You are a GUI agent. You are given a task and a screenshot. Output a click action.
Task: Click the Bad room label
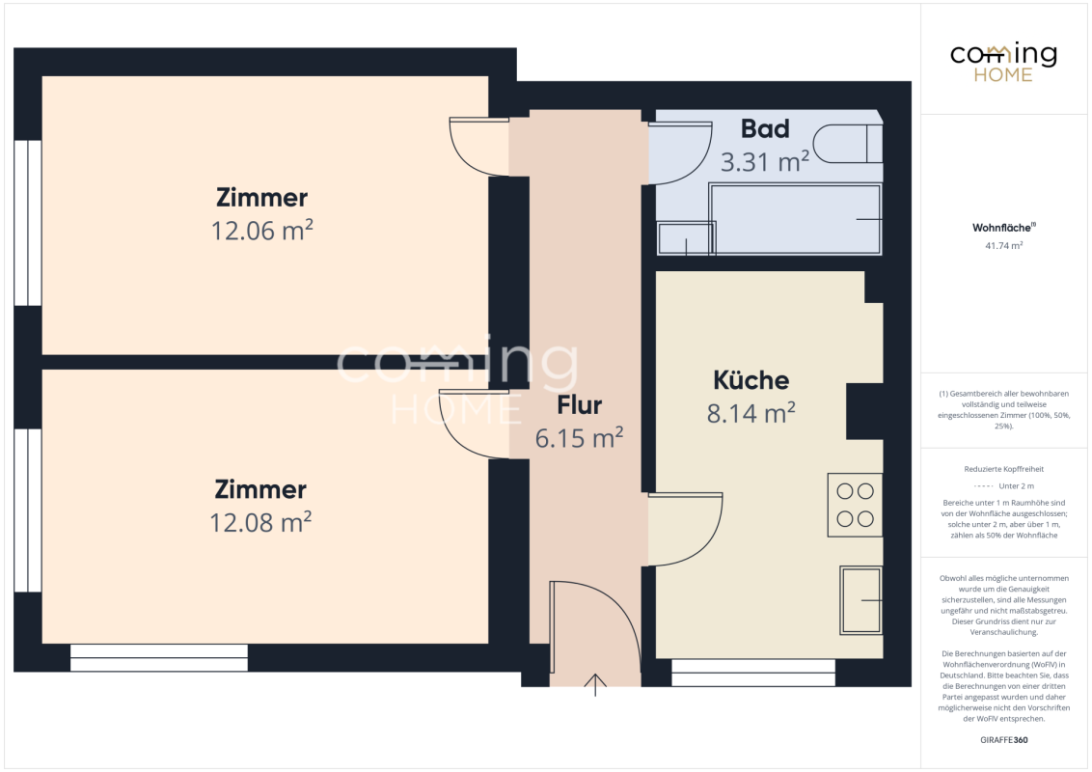(765, 129)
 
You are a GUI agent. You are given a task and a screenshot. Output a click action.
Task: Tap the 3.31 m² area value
(765, 162)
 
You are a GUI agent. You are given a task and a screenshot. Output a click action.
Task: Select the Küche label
(751, 380)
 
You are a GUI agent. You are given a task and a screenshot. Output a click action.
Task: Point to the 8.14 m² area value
(751, 412)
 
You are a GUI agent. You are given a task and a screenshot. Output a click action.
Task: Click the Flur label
(580, 404)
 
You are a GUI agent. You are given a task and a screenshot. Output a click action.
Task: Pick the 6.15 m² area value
(580, 437)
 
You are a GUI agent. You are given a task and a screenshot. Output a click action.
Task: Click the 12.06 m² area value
(261, 230)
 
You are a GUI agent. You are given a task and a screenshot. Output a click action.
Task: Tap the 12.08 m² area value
(260, 522)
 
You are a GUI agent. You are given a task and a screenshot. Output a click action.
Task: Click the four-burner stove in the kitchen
(856, 505)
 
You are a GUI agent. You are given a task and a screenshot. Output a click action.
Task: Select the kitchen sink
(860, 600)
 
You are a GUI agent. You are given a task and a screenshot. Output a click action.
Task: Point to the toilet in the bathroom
(848, 144)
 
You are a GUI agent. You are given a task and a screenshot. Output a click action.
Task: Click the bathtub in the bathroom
(795, 219)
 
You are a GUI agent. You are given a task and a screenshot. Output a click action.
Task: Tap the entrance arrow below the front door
(595, 685)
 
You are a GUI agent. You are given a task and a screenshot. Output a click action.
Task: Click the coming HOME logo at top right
(1003, 62)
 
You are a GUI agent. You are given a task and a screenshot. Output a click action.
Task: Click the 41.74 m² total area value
(1003, 246)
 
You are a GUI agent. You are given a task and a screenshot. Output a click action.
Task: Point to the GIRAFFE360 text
(1003, 740)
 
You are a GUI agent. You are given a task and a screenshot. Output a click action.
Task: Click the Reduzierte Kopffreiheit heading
(1003, 469)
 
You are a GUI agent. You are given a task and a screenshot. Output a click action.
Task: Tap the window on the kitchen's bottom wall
(752, 673)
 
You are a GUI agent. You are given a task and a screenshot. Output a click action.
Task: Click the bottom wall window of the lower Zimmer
(159, 658)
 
